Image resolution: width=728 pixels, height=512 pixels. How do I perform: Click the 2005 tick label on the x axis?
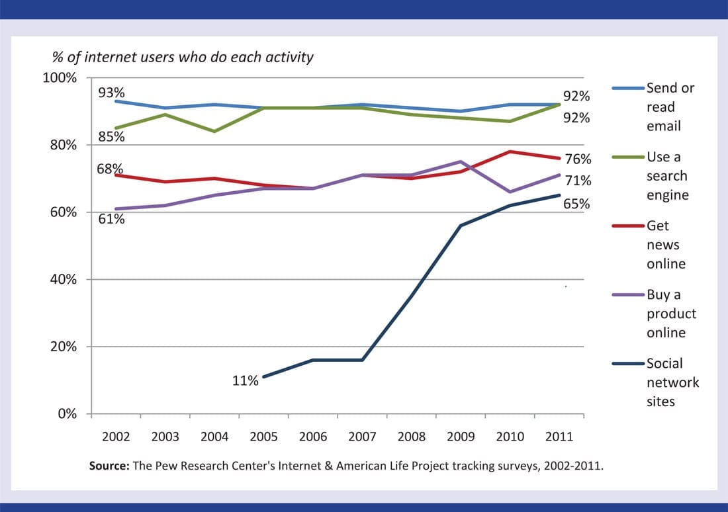tap(263, 437)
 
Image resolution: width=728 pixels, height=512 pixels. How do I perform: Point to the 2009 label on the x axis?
tap(461, 437)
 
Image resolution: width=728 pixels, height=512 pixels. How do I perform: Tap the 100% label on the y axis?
tap(60, 78)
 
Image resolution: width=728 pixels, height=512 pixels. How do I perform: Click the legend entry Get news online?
tap(666, 245)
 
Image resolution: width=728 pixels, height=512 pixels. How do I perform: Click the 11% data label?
tap(246, 381)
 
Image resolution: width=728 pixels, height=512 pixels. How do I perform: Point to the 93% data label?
tap(111, 93)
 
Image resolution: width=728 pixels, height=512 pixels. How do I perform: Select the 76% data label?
tap(577, 159)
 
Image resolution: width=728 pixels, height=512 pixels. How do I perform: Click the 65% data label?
tap(577, 204)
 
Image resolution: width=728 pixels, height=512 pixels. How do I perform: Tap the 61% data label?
tap(111, 219)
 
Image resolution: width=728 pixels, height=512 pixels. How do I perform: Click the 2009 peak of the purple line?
tap(461, 161)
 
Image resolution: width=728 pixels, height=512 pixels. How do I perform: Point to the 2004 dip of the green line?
tap(214, 131)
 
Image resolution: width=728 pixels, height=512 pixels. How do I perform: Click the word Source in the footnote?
tap(109, 466)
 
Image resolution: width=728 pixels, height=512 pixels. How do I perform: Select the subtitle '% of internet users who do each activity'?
tap(183, 58)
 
